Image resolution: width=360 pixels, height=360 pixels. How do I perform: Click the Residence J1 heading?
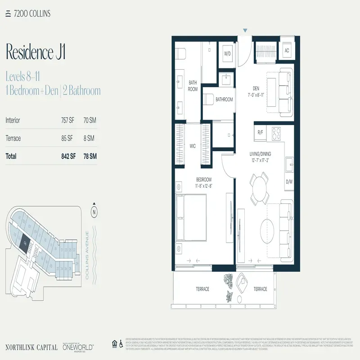tap(36, 52)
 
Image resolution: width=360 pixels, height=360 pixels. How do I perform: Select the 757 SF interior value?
tap(68, 120)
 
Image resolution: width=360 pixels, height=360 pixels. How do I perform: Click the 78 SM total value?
tap(90, 157)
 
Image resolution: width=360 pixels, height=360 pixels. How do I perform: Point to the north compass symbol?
tap(94, 211)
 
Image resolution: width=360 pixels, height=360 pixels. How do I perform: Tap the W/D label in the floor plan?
tap(228, 54)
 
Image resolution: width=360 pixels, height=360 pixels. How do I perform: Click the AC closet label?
tap(287, 50)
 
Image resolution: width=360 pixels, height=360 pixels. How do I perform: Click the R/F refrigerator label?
tap(260, 132)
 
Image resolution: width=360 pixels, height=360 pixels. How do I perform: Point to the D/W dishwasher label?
tap(288, 182)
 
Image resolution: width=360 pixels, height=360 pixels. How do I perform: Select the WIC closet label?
tap(193, 146)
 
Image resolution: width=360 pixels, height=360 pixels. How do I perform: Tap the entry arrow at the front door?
tap(245, 31)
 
